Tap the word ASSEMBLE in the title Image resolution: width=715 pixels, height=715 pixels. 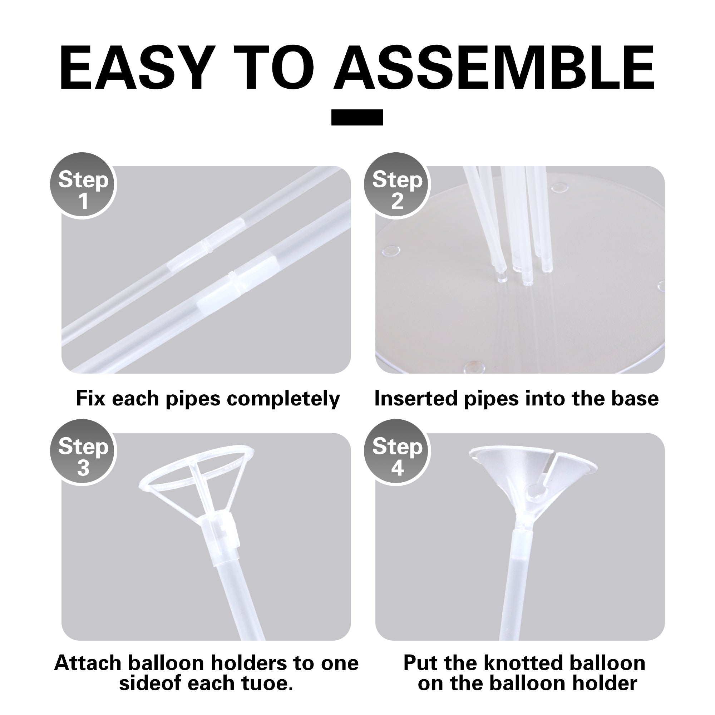(495, 69)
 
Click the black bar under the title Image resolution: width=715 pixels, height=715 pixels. (357, 117)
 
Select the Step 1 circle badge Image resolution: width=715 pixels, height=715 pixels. (83, 186)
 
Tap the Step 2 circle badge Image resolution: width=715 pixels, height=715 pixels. (397, 186)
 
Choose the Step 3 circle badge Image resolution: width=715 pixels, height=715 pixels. (83, 452)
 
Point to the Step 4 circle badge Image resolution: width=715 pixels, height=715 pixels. (397, 452)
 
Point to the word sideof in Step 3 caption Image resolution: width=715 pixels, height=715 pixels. (151, 683)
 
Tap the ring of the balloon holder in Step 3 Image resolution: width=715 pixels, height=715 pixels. (197, 467)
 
